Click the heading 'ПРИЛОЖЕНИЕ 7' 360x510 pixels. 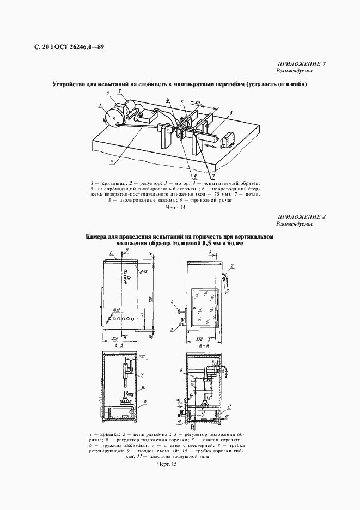pyautogui.click(x=302, y=64)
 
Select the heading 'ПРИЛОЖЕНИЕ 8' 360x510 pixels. pyautogui.click(x=302, y=217)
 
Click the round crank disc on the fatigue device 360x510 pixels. pyautogui.click(x=115, y=118)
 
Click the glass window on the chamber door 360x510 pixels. pyautogui.click(x=205, y=307)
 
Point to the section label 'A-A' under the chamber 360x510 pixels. pyautogui.click(x=119, y=345)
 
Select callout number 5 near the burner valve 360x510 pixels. pyautogui.click(x=172, y=329)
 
